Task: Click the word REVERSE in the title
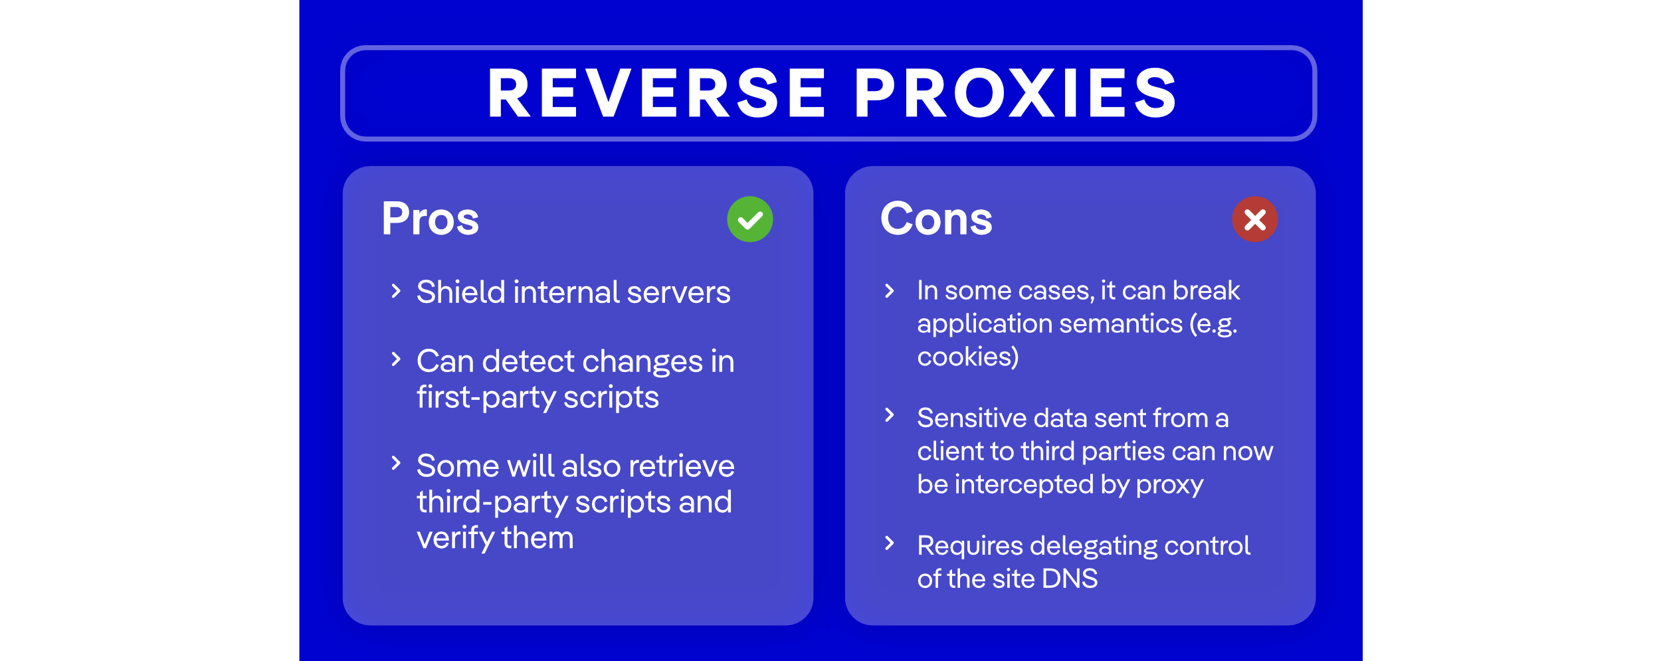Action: click(656, 94)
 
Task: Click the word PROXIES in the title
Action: click(1015, 94)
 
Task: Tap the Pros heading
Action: click(430, 219)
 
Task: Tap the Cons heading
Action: click(935, 219)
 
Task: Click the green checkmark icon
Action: click(749, 219)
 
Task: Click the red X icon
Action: click(1254, 219)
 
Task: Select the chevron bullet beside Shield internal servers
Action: click(396, 291)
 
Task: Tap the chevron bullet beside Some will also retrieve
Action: click(396, 463)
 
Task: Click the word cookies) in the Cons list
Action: click(967, 357)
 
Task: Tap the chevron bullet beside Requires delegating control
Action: click(890, 543)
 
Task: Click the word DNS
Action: click(1070, 579)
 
